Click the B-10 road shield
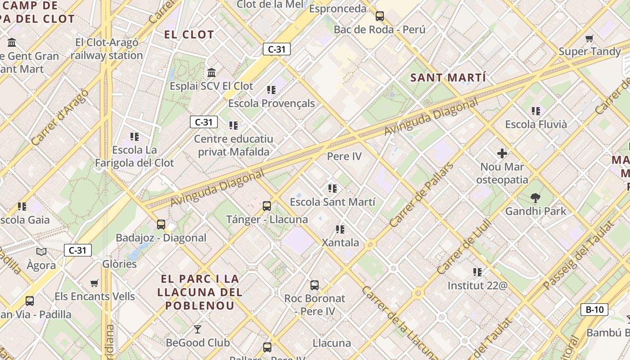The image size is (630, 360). click(x=594, y=310)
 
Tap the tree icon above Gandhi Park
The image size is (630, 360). click(x=535, y=198)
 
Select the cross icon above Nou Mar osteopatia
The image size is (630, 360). click(x=502, y=153)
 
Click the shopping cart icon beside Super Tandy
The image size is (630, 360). click(x=589, y=38)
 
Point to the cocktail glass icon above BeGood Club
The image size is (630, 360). click(x=197, y=329)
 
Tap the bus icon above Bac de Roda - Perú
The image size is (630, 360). click(x=380, y=16)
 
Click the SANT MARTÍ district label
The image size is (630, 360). click(x=448, y=77)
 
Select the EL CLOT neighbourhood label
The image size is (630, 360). click(x=189, y=35)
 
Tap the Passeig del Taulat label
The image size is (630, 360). click(x=578, y=255)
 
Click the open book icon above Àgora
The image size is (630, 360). click(x=41, y=252)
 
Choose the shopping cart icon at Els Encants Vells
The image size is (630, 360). click(x=94, y=283)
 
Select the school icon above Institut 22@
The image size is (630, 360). click(x=477, y=272)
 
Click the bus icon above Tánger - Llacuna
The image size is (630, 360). click(x=267, y=206)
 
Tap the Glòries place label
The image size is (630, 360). click(x=119, y=264)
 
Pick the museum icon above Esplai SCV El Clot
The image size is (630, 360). click(x=211, y=72)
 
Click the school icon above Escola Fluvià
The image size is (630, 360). click(x=535, y=111)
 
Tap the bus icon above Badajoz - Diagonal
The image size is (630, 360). click(x=161, y=224)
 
